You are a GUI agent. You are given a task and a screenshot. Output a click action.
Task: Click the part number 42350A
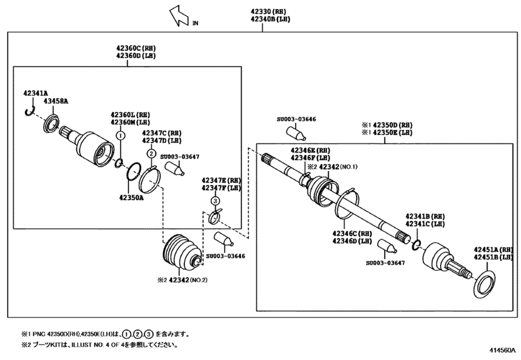pos(130,197)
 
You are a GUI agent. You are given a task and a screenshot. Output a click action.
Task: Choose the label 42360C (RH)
pos(135,48)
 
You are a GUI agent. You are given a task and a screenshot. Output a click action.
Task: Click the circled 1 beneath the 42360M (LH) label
pos(119,136)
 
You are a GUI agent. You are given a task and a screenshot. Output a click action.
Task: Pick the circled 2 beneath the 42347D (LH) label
pos(150,153)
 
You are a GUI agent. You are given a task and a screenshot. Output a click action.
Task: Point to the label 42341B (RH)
pos(425,216)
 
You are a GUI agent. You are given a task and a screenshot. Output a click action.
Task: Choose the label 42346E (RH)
pos(310,148)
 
